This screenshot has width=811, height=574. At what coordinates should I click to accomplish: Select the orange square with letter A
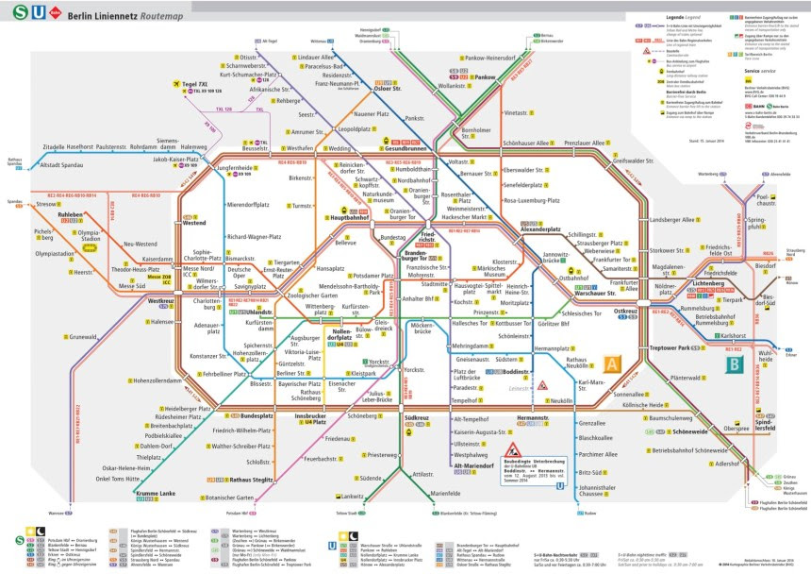coord(610,363)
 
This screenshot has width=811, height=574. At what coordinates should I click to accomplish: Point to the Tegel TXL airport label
coord(196,83)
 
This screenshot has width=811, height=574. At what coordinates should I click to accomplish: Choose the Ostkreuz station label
coord(626,311)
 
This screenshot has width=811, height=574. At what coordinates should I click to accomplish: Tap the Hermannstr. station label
coord(532,416)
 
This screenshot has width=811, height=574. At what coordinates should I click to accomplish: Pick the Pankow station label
coord(486,77)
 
